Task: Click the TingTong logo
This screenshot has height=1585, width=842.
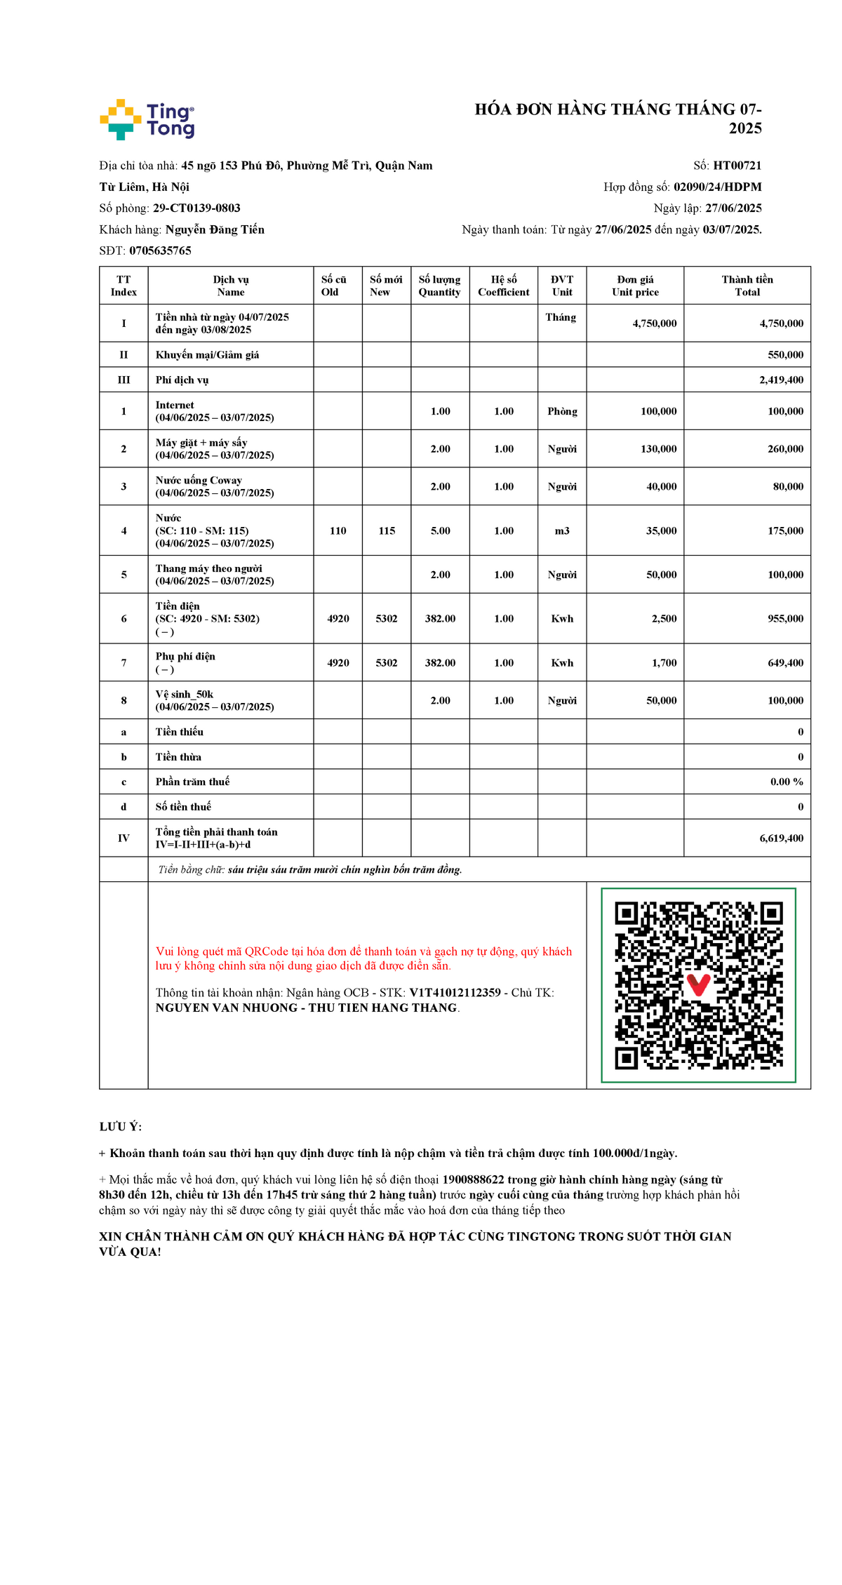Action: pos(147,119)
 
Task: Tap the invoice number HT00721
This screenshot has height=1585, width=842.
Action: pos(737,166)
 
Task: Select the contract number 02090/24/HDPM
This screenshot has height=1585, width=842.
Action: pos(717,187)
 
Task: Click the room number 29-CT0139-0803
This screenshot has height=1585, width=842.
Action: pos(196,208)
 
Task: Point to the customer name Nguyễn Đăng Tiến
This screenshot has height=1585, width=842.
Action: pos(215,229)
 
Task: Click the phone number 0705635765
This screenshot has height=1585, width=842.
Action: pos(160,250)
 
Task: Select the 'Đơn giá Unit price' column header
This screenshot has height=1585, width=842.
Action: pos(635,286)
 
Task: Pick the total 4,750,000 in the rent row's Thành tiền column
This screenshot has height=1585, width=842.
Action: pos(781,323)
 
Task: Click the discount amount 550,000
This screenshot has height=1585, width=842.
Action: pos(785,355)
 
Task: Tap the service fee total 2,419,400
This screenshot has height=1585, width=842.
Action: pos(781,380)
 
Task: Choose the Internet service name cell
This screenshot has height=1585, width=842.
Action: pos(215,411)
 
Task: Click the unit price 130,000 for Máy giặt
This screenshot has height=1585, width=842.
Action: pos(658,449)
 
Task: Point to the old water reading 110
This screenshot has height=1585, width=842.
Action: pos(338,531)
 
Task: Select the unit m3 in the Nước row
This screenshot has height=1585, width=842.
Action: pos(562,531)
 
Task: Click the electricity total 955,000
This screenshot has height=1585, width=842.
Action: pos(785,619)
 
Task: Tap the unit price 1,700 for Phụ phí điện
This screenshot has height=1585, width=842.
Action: pos(664,663)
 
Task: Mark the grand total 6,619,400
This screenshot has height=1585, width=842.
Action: pos(781,838)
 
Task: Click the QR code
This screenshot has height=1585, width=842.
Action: pos(698,985)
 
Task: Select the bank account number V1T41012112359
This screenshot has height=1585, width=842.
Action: pos(455,993)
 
